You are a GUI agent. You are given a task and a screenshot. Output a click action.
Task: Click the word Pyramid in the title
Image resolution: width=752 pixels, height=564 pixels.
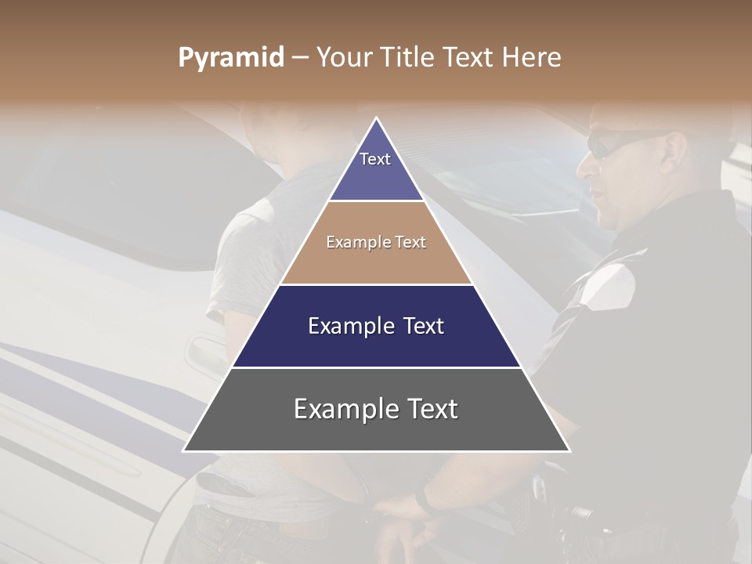pos(231,58)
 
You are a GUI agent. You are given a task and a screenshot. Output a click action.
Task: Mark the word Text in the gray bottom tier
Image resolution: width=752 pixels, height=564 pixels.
pos(431,409)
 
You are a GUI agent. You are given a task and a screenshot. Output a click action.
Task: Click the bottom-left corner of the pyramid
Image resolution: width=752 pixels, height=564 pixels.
pos(184,450)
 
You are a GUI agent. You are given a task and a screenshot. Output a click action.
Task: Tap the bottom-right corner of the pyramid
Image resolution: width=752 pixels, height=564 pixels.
pos(569,450)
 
